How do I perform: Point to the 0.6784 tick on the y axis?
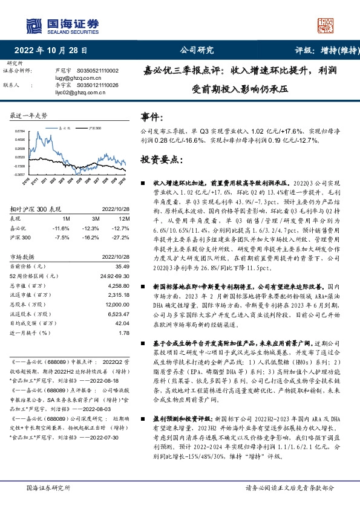pyautogui.click(x=19, y=131)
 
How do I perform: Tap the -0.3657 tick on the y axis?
pyautogui.click(x=19, y=175)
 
